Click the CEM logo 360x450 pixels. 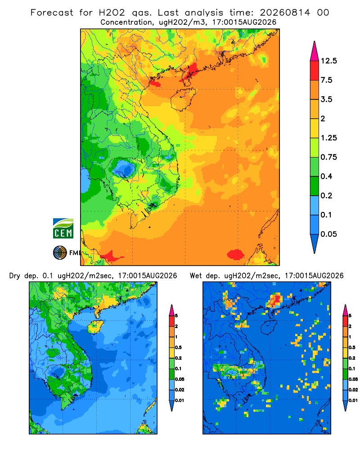click(x=63, y=228)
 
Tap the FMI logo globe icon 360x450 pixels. click(x=60, y=252)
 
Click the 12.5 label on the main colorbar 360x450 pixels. click(x=328, y=61)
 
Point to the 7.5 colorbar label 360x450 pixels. click(x=326, y=80)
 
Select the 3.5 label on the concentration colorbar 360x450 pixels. click(x=326, y=99)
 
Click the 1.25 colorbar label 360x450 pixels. click(x=328, y=138)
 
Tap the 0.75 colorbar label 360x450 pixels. click(x=328, y=157)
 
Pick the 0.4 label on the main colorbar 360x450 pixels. click(x=326, y=176)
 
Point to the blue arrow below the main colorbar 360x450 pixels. click(x=315, y=243)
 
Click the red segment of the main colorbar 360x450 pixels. click(x=315, y=70)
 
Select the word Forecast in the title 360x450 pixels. click(x=52, y=13)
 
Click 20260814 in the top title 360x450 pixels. click(x=285, y=13)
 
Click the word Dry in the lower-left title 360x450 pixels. click(x=15, y=276)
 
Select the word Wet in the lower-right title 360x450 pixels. click(x=196, y=276)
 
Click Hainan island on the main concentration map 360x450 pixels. click(x=183, y=99)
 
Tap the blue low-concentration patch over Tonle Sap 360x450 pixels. click(x=124, y=168)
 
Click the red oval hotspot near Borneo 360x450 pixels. click(x=236, y=254)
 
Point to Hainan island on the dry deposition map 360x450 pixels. click(x=95, y=327)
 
